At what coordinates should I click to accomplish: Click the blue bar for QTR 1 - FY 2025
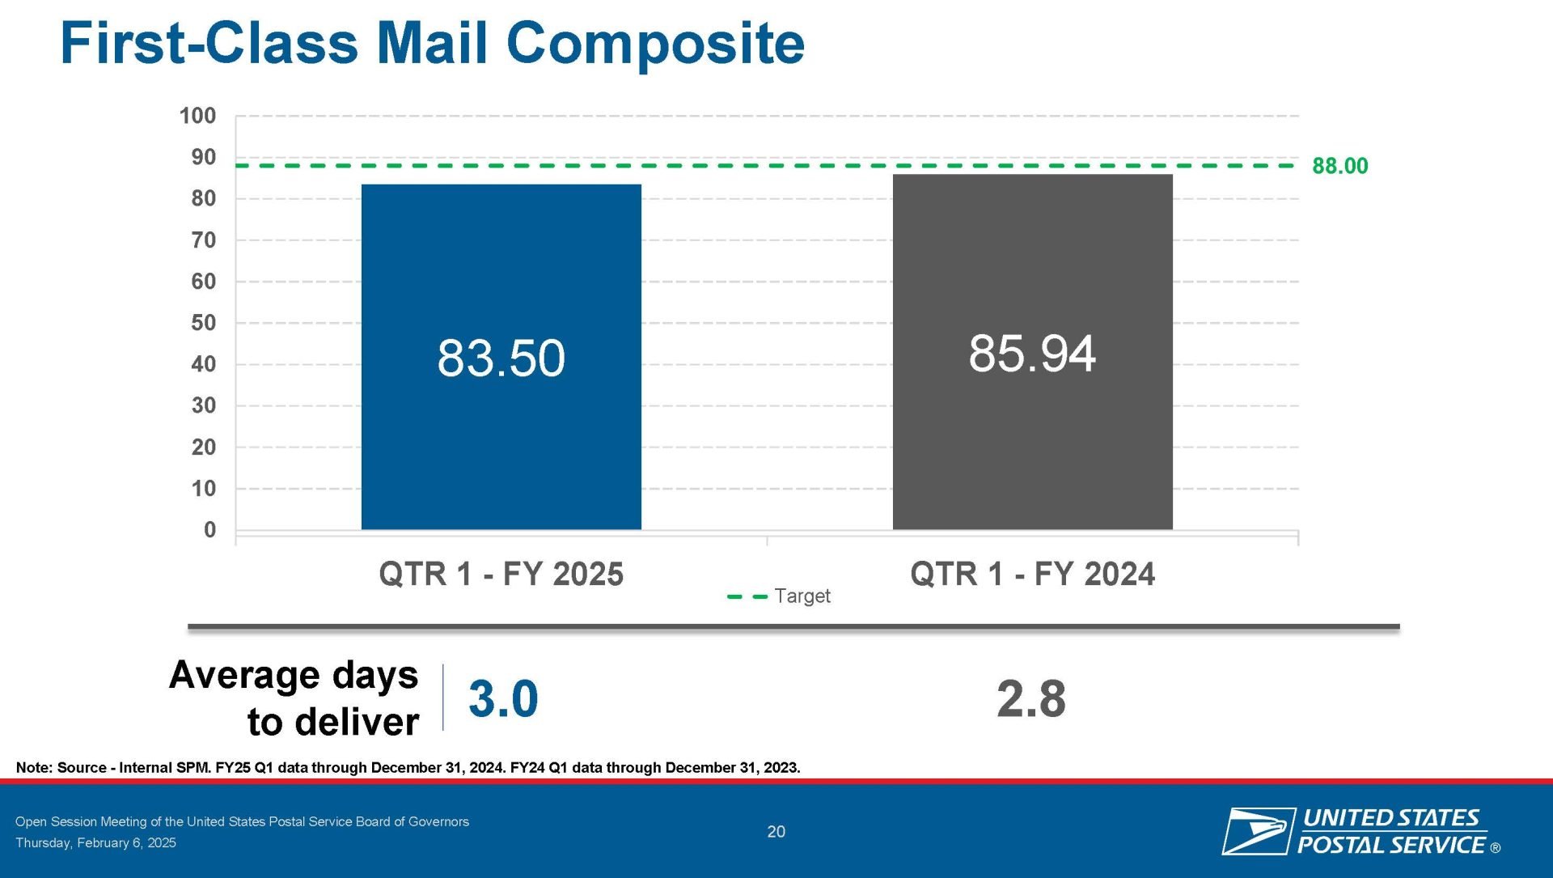[501, 357]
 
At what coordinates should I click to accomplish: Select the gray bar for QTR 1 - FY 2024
[1032, 352]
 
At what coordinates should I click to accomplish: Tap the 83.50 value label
[501, 358]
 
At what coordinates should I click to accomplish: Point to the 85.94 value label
[1032, 353]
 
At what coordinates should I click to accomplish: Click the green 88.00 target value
[1339, 166]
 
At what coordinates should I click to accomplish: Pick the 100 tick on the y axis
[197, 116]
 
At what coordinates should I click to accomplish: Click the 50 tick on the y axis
[204, 323]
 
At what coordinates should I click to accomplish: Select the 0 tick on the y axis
[210, 530]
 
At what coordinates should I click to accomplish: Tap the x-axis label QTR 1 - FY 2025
[501, 574]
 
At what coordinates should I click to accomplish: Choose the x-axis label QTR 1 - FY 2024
[1032, 574]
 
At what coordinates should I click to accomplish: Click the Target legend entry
[779, 596]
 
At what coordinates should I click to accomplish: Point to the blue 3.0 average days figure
[503, 698]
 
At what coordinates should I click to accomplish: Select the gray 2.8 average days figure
[1031, 698]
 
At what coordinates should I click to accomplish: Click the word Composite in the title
[655, 44]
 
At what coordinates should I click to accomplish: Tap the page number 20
[776, 832]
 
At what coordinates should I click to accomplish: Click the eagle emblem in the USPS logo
[1255, 831]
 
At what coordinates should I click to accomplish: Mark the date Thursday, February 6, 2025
[95, 842]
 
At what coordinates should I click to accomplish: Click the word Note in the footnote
[33, 767]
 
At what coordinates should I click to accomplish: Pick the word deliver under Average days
[357, 722]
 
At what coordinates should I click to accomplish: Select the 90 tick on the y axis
[204, 157]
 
